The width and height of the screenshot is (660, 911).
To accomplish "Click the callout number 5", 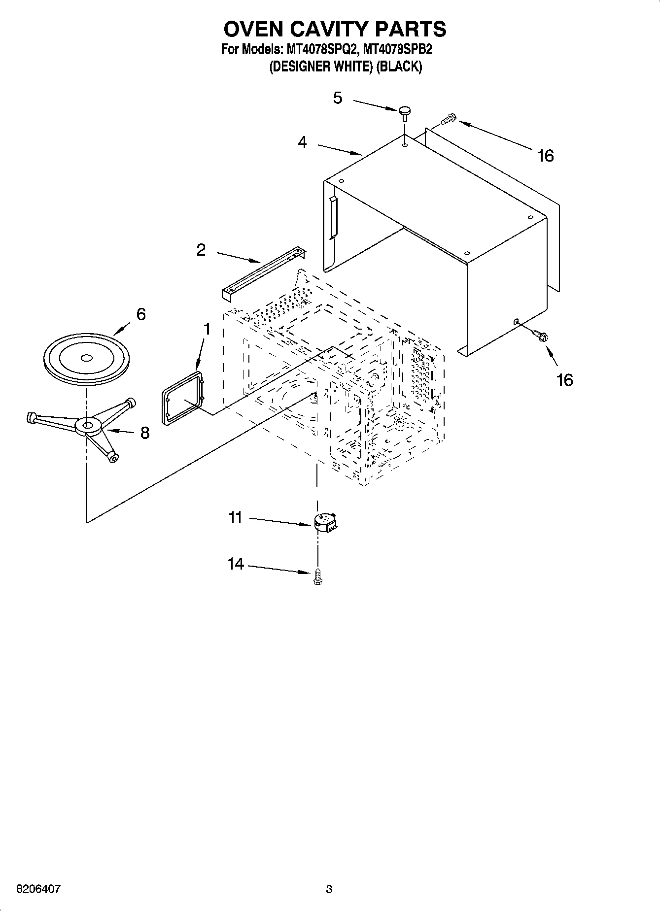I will click(337, 98).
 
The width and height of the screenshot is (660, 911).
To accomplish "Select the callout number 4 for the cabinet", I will click(302, 142).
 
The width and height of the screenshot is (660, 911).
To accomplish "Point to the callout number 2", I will click(201, 250).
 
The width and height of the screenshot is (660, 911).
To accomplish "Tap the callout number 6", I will click(141, 314).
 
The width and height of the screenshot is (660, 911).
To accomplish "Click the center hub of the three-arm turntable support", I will click(88, 425).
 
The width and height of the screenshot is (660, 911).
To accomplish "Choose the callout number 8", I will click(144, 433).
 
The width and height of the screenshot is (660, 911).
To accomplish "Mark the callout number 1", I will click(207, 329).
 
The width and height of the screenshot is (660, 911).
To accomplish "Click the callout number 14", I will click(236, 564).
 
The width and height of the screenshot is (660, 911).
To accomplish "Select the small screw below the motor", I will click(317, 575).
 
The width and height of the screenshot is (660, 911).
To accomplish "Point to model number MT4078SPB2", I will click(397, 50).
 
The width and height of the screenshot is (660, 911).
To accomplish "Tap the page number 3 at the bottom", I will click(329, 889).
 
